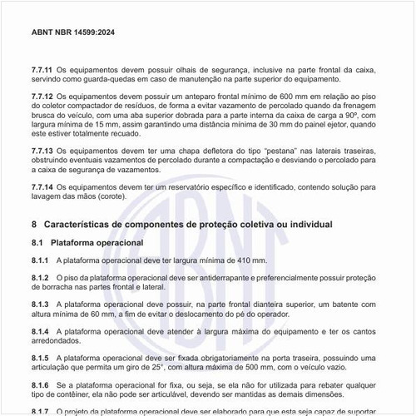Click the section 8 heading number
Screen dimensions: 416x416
[33, 225]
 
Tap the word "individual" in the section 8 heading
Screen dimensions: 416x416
[309, 225]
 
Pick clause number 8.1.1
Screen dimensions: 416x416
[41, 260]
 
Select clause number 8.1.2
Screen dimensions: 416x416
[41, 277]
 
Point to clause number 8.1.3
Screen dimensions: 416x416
[41, 305]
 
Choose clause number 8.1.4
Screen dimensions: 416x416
[41, 332]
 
